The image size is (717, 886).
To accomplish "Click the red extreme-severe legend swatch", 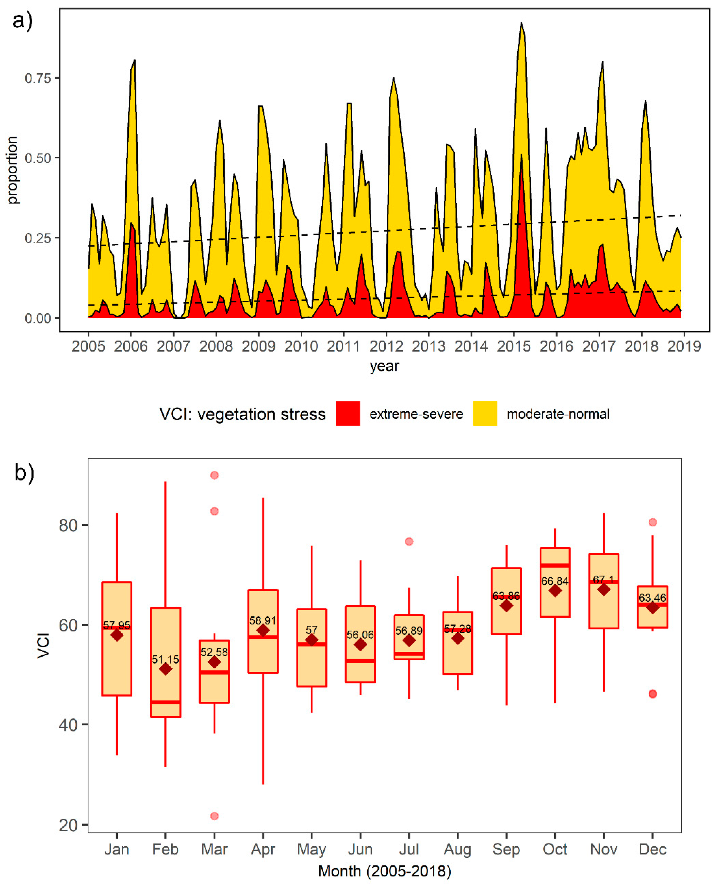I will click(348, 413).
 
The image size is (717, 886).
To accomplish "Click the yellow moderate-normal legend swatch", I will click(485, 413).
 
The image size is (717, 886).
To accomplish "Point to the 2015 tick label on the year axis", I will click(514, 346).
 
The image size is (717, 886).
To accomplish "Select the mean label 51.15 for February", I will click(165, 660).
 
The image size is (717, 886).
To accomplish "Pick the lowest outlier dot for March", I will click(214, 816).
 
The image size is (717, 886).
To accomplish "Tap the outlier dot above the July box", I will click(409, 542).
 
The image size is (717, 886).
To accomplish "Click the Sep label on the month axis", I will click(506, 849).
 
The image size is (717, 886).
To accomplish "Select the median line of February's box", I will click(166, 702).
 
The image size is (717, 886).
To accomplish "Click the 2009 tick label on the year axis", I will click(259, 346).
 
